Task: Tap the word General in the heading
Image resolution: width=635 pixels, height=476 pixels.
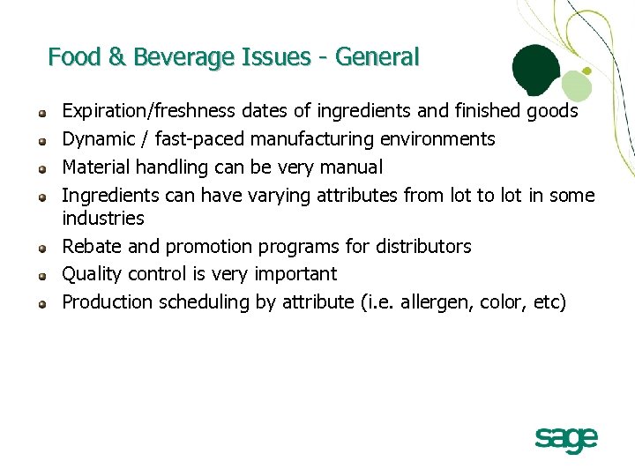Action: pos(377,57)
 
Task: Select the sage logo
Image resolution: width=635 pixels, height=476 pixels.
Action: pos(566,438)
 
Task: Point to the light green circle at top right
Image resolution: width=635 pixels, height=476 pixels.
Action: pos(577,85)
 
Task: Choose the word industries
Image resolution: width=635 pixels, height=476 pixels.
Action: pos(102,218)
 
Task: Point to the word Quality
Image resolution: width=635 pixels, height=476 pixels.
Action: pos(91,274)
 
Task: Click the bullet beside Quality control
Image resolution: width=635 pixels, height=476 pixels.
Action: pos(41,276)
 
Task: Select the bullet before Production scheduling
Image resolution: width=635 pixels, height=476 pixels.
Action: pos(41,304)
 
